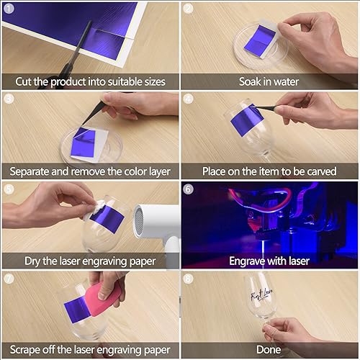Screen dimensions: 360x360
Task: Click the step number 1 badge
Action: click(9, 9)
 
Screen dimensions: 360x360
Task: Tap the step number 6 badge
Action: click(189, 189)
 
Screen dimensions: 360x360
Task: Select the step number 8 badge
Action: click(189, 277)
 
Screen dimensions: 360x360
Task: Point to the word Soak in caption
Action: click(253, 82)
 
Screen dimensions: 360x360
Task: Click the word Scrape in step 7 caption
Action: click(30, 350)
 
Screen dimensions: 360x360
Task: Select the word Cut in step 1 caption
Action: click(24, 82)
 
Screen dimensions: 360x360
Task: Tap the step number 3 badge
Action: click(9, 99)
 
